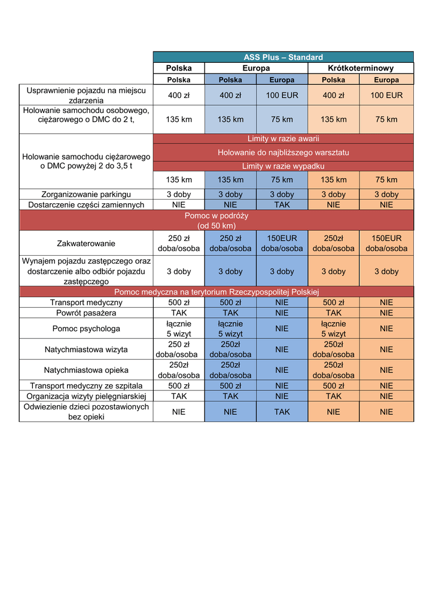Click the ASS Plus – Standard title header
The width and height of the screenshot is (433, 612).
(x=283, y=57)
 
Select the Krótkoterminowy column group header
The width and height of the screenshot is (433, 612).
(x=361, y=68)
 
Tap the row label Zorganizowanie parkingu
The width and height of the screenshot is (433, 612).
(x=86, y=194)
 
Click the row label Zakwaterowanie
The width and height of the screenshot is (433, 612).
(x=86, y=243)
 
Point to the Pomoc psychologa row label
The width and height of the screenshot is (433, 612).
(x=86, y=328)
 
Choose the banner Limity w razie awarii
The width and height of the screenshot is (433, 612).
(x=283, y=139)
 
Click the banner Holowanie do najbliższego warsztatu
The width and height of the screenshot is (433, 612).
(x=283, y=152)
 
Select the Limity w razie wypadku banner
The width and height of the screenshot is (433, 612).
(x=283, y=166)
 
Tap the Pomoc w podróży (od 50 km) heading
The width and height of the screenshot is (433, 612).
(x=216, y=221)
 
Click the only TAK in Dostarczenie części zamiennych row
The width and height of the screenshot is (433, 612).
(x=282, y=204)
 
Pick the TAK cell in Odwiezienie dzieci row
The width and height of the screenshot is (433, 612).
(x=282, y=411)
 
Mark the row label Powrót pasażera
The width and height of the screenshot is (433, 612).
(x=86, y=313)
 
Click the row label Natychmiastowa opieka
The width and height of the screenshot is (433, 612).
(x=86, y=370)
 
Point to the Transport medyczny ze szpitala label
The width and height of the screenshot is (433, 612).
(x=86, y=385)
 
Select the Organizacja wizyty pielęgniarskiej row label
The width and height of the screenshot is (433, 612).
(x=86, y=396)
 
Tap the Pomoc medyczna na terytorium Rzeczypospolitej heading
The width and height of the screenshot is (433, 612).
(x=216, y=292)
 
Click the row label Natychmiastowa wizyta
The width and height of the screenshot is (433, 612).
(x=86, y=349)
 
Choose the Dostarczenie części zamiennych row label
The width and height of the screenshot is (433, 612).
(x=86, y=204)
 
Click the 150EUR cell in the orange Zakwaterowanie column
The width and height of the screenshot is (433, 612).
(x=386, y=243)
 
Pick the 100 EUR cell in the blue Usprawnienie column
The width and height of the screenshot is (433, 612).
(x=282, y=95)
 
